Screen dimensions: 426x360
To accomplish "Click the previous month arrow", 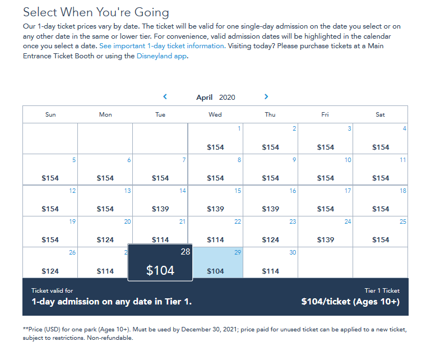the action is [x=165, y=96].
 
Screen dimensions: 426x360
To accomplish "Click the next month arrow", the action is [x=266, y=96].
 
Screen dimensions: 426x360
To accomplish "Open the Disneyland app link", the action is [x=161, y=56].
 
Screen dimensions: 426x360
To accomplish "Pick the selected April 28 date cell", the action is [x=160, y=262].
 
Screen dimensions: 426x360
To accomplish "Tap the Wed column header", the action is [x=215, y=114].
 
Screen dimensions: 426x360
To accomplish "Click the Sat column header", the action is [x=380, y=114].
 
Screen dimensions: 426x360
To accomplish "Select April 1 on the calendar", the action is [x=215, y=139].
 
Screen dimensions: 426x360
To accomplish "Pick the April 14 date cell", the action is [x=160, y=201].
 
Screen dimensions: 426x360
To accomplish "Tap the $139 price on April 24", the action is [x=326, y=239].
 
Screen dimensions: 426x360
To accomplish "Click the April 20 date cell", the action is [x=105, y=232].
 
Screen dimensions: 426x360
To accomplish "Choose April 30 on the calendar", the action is [x=270, y=262].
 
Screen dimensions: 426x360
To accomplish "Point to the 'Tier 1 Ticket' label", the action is [x=382, y=290].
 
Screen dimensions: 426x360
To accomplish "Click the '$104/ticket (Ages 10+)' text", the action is [x=350, y=302].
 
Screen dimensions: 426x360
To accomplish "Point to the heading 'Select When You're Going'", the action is [x=96, y=12].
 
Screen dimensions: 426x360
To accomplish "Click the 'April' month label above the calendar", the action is [x=204, y=97].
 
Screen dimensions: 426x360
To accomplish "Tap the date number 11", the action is [x=402, y=160].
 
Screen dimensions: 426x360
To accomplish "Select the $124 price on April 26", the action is [x=50, y=271].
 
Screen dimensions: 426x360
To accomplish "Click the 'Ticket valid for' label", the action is [x=52, y=290].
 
